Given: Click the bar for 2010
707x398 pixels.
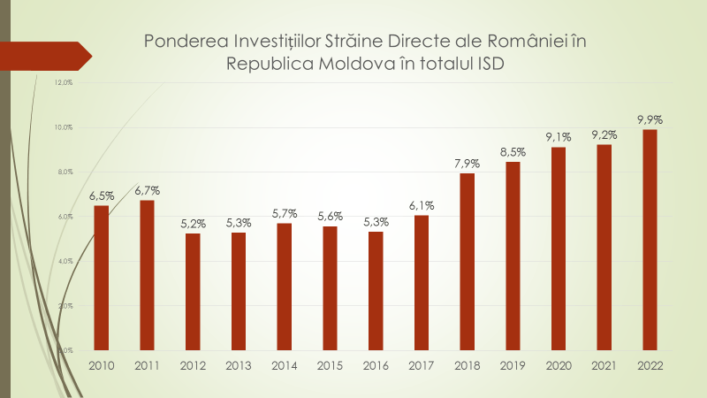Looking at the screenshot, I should (102, 278).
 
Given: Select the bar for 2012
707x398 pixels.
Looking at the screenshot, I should (193, 292).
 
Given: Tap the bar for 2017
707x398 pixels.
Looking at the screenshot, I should (422, 282).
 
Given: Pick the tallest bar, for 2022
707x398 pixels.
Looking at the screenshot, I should (650, 240).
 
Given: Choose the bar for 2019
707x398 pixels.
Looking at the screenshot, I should (513, 256).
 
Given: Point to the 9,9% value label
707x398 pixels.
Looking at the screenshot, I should (650, 119).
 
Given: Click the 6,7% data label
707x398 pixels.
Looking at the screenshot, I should (148, 190).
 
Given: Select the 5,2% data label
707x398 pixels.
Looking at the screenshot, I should (193, 224).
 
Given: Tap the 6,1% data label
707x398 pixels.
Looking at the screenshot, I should (422, 205).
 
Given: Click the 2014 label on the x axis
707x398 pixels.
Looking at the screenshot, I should (285, 364).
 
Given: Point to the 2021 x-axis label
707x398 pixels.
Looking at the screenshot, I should (604, 364).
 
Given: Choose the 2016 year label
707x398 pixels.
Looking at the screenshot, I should (376, 364).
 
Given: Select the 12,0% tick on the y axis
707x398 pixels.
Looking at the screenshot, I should (63, 83).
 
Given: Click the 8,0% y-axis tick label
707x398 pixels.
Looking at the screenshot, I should (63, 172).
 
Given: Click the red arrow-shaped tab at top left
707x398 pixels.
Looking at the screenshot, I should (44, 56).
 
